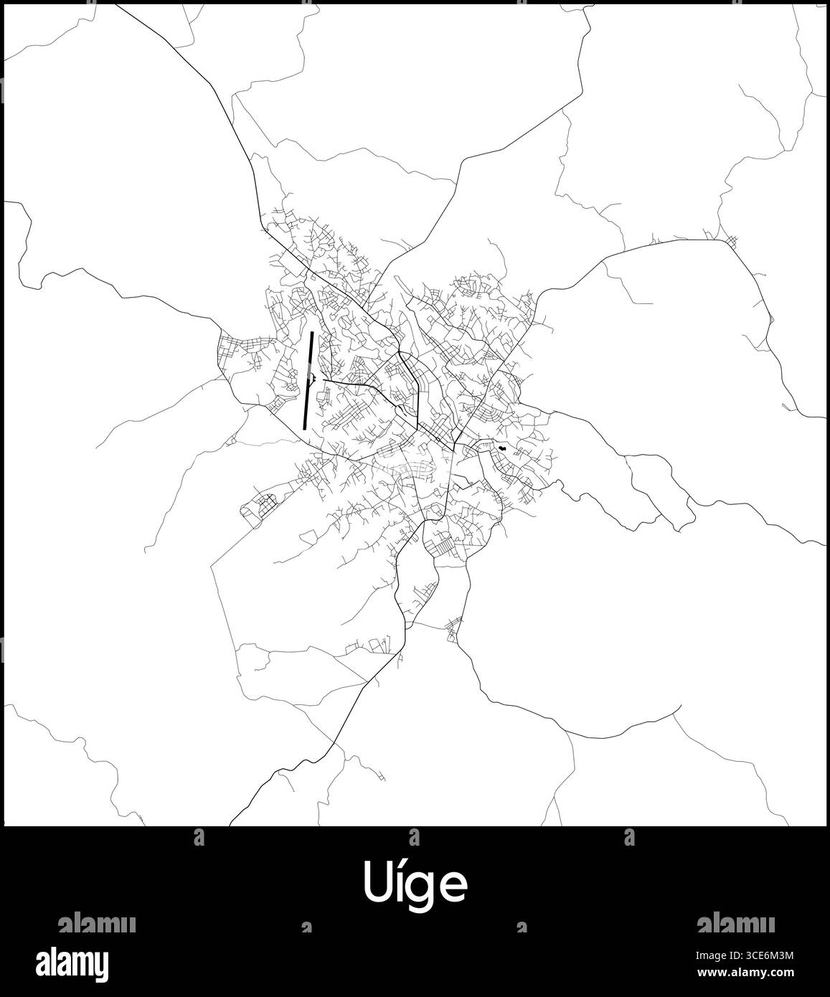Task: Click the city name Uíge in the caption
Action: coord(415,884)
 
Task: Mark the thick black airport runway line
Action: coord(308,380)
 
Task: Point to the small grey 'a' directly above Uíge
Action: coord(414,836)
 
